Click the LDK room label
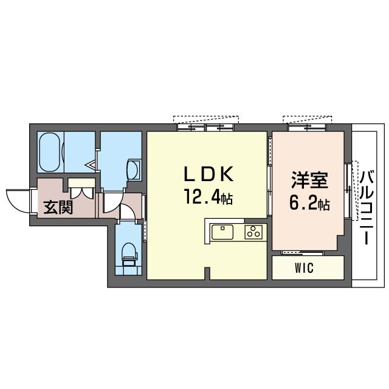tap(208, 174)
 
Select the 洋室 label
tap(310, 182)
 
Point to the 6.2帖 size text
tap(310, 203)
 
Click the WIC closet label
tap(305, 269)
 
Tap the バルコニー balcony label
tap(367, 207)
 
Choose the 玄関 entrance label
tap(58, 207)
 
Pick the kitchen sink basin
tap(223, 232)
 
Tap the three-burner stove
tap(253, 232)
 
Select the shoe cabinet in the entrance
tap(79, 182)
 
